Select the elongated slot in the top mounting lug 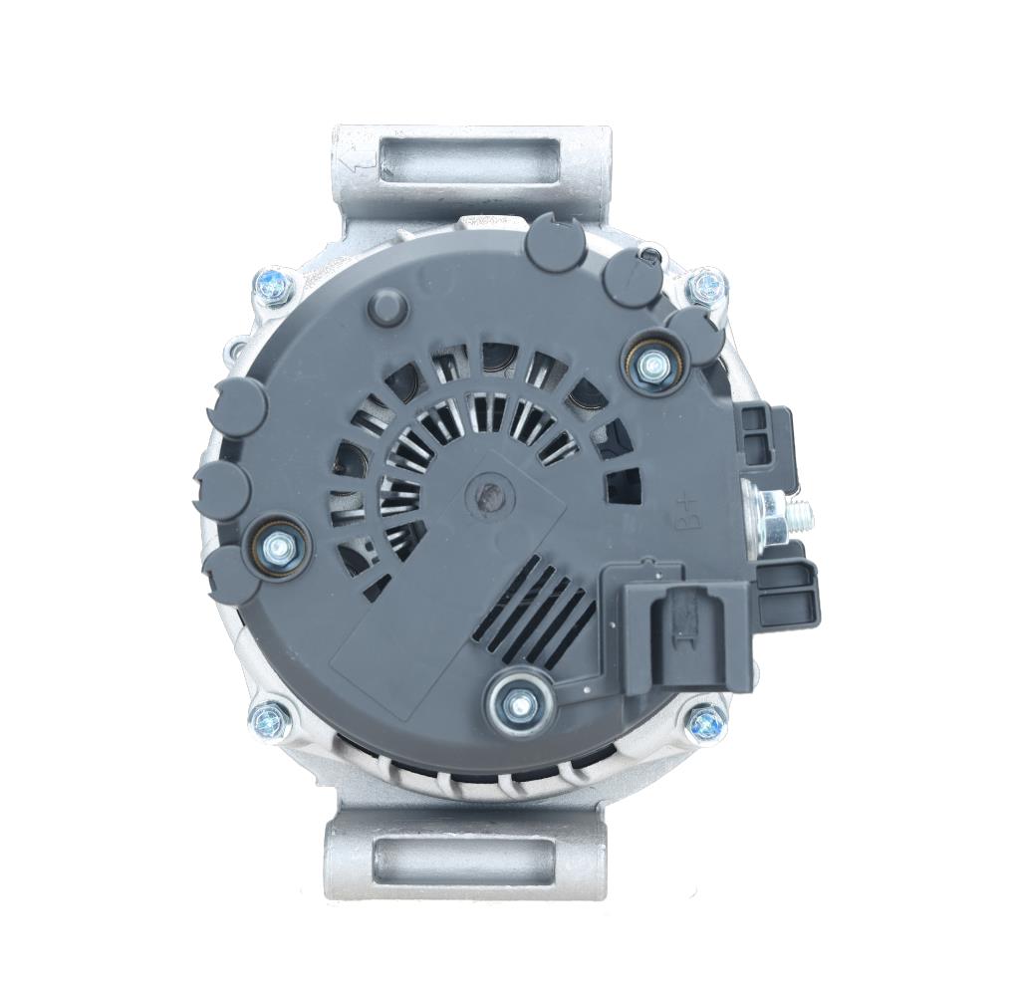pos(469,159)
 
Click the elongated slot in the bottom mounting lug pos(464,854)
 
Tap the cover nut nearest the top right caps pos(652,366)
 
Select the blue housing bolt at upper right pos(707,286)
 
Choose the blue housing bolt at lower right pos(703,721)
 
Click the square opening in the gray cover pos(624,484)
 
